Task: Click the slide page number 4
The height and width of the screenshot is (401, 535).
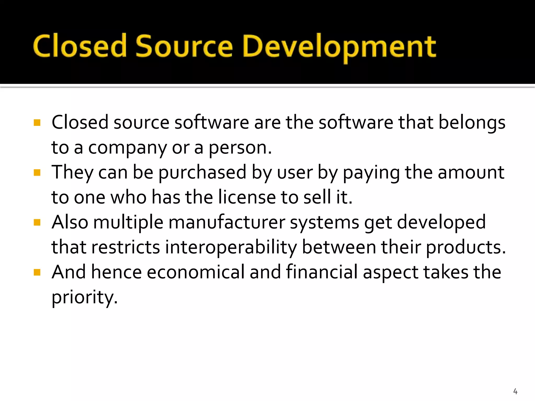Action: click(515, 391)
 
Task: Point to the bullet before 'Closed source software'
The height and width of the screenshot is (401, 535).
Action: click(37, 122)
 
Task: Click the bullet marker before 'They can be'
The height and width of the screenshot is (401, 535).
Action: click(37, 173)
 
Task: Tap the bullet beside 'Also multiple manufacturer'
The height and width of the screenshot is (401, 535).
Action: click(37, 222)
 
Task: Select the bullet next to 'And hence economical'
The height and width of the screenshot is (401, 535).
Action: click(37, 273)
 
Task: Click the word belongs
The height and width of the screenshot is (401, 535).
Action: click(472, 122)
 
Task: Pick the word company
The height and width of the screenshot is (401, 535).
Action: click(127, 148)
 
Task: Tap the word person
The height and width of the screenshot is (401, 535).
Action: click(240, 148)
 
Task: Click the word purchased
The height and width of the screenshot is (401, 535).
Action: click(202, 173)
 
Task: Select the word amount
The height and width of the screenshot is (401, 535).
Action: click(471, 173)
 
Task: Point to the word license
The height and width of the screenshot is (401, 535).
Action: click(247, 197)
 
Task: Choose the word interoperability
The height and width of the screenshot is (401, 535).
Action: click(231, 247)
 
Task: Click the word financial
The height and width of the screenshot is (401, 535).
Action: click(322, 272)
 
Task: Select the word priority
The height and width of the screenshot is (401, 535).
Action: click(84, 297)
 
